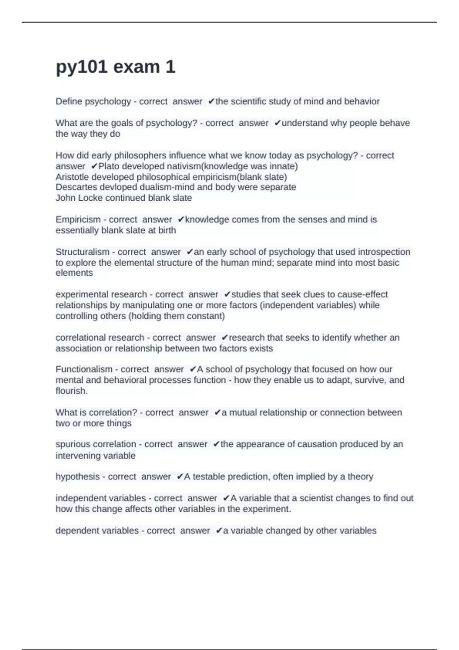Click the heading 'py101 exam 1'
tap(116, 67)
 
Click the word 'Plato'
tap(109, 166)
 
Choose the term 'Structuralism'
tap(82, 252)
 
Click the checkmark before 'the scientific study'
tap(211, 101)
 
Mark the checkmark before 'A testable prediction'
tap(180, 477)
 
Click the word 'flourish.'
tap(72, 391)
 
